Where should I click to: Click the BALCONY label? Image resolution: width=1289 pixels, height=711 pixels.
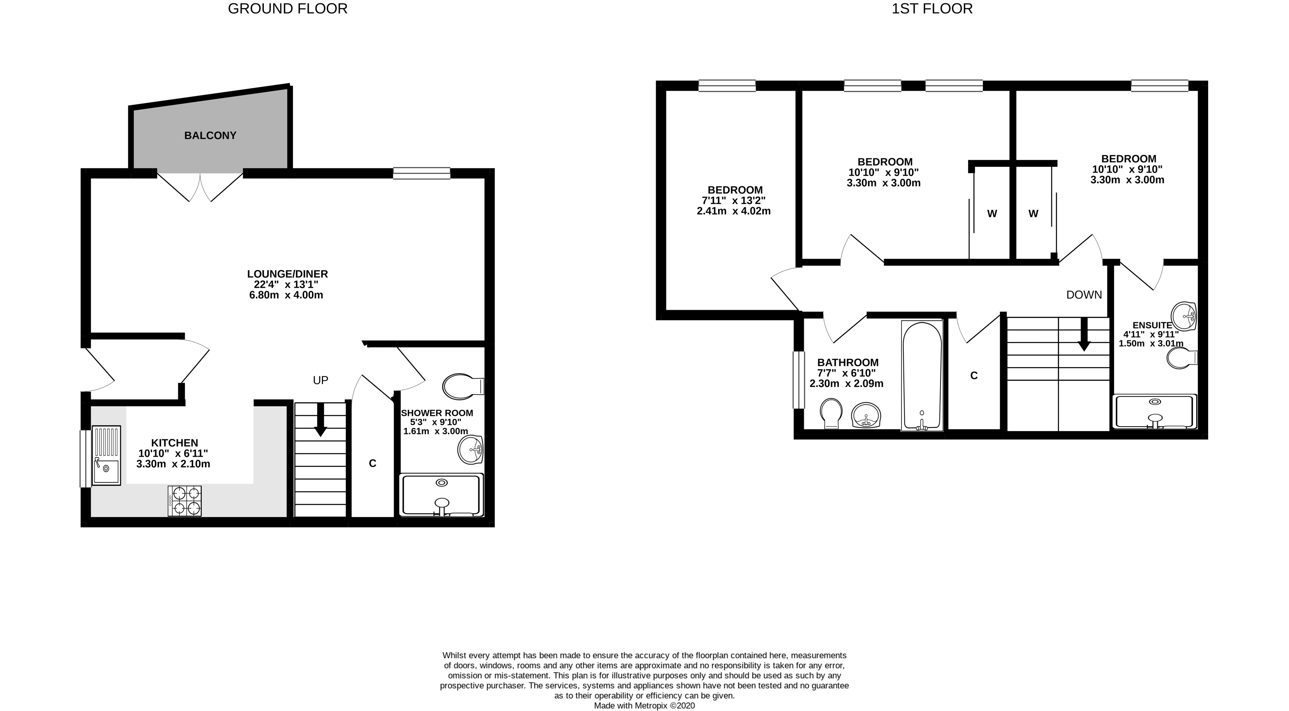point(210,136)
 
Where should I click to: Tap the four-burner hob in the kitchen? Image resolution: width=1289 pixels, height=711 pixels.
point(185,501)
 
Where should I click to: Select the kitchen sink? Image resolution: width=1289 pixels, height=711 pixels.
point(107,455)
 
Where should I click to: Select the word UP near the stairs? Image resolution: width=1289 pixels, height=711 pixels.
point(320,380)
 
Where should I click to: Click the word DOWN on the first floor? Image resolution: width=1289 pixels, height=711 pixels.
point(1084,295)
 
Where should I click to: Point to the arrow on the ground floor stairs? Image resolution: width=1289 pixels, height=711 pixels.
point(320,419)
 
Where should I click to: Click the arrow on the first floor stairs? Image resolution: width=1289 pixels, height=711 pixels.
point(1084,334)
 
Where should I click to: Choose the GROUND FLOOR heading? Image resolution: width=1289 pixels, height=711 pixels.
point(288,9)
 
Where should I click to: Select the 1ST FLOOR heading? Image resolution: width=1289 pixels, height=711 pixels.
point(932,9)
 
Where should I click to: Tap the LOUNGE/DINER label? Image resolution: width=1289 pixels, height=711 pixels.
point(287,274)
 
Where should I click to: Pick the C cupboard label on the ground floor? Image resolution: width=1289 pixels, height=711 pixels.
point(372,464)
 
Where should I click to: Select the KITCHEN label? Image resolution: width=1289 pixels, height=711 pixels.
point(175,443)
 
